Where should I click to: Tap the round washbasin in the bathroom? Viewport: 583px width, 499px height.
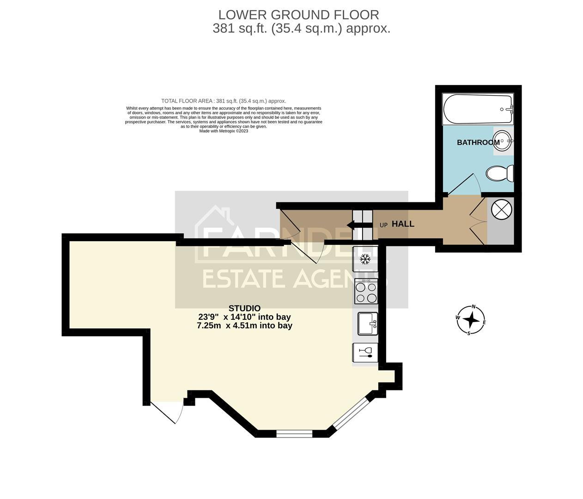pyautogui.click(x=502, y=140)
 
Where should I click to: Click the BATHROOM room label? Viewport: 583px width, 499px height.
pyautogui.click(x=478, y=142)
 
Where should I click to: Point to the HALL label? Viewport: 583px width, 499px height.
pyautogui.click(x=403, y=224)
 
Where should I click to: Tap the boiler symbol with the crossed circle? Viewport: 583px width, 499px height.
pyautogui.click(x=501, y=209)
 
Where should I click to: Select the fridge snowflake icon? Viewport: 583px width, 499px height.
pyautogui.click(x=365, y=259)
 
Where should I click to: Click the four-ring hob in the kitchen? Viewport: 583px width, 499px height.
pyautogui.click(x=366, y=292)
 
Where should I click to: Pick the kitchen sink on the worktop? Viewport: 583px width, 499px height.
pyautogui.click(x=368, y=323)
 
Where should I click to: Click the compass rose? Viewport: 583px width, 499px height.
pyautogui.click(x=471, y=320)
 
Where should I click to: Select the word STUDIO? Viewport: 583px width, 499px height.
pyautogui.click(x=244, y=308)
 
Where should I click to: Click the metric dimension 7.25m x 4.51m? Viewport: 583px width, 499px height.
pyautogui.click(x=244, y=325)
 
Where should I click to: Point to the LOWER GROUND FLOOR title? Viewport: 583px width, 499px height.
pyautogui.click(x=299, y=15)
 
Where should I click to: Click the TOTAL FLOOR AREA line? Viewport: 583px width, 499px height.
pyautogui.click(x=224, y=101)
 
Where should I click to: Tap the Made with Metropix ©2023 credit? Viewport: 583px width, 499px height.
pyautogui.click(x=224, y=131)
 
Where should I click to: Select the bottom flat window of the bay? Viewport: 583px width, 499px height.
pyautogui.click(x=294, y=433)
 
